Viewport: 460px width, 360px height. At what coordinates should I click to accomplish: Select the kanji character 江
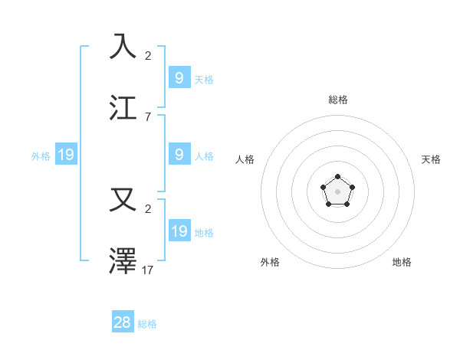[x=123, y=108]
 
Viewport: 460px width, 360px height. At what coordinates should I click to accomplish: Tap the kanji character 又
[x=123, y=200]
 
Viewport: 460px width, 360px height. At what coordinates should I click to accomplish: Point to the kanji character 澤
[x=123, y=262]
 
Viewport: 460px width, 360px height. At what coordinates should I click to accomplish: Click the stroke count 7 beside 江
[x=147, y=117]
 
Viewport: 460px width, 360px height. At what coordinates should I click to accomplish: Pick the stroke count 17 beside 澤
[x=147, y=270]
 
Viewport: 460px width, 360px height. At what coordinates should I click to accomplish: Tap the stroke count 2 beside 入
[x=147, y=55]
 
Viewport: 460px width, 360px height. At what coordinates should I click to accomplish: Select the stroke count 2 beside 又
[x=147, y=209]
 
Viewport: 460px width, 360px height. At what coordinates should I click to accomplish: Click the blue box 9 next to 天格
[x=179, y=77]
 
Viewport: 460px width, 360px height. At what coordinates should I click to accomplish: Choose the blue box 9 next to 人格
[x=179, y=154]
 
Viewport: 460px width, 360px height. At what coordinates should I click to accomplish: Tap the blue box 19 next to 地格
[x=179, y=231]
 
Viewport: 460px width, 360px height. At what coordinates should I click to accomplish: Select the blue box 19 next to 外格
[x=66, y=155]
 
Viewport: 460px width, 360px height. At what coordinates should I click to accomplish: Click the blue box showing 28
[x=123, y=322]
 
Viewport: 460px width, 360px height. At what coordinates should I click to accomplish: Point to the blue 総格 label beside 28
[x=147, y=324]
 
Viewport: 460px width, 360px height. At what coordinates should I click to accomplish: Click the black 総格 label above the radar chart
[x=338, y=100]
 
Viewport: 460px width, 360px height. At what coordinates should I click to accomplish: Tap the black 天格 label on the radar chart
[x=431, y=159]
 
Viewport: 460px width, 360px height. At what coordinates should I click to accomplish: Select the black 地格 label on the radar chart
[x=402, y=262]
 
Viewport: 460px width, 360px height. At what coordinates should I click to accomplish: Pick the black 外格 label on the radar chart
[x=270, y=262]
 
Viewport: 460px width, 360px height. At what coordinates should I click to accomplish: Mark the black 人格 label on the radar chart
[x=245, y=159]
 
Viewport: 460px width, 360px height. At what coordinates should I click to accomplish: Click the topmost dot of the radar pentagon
[x=338, y=177]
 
